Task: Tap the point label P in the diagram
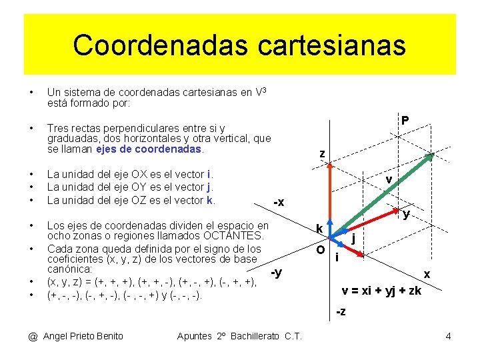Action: tap(405, 121)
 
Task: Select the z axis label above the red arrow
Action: tap(322, 154)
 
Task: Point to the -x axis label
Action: tap(279, 202)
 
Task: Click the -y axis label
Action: tap(276, 272)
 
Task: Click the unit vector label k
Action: tap(319, 229)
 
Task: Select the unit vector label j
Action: tap(353, 239)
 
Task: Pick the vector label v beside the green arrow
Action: tap(389, 179)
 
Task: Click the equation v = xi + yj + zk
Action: tap(381, 291)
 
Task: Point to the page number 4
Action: tap(448, 336)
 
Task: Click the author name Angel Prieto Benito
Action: tap(83, 336)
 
